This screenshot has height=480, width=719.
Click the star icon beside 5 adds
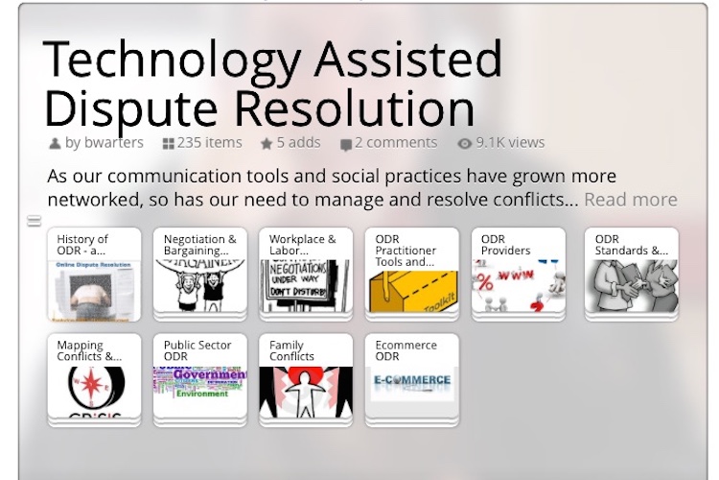(267, 144)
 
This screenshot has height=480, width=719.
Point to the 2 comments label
(395, 143)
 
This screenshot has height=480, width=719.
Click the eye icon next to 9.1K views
(465, 144)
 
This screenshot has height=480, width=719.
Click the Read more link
(630, 200)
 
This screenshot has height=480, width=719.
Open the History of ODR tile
(94, 274)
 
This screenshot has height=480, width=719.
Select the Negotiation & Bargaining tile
(200, 274)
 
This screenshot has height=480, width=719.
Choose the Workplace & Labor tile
(306, 274)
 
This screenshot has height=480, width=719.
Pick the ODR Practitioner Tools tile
(411, 274)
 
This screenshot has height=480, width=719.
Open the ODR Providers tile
(519, 274)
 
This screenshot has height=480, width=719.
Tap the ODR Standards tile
(632, 274)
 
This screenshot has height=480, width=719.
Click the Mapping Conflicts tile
(94, 379)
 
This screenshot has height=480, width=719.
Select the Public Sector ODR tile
(200, 379)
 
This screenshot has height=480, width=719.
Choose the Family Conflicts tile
(306, 379)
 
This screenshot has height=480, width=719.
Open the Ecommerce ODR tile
(411, 379)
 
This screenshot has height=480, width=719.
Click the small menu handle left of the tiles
(34, 222)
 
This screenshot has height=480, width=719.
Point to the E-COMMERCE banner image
(411, 381)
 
